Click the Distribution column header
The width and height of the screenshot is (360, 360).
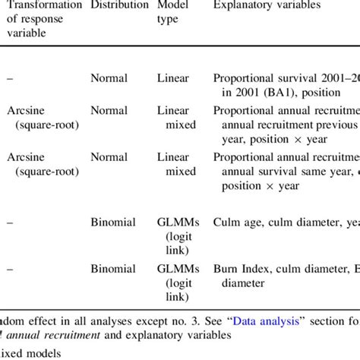[x=119, y=5]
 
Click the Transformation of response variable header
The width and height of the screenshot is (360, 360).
[x=43, y=18]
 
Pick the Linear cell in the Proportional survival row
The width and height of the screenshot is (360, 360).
[x=173, y=77]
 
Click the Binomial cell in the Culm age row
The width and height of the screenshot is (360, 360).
[x=114, y=223]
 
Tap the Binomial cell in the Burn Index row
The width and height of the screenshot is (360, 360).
[x=114, y=269]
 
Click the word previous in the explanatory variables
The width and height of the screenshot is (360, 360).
[x=335, y=124]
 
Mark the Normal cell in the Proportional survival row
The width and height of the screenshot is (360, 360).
[x=109, y=77]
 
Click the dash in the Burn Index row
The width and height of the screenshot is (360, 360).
[x=9, y=269]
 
